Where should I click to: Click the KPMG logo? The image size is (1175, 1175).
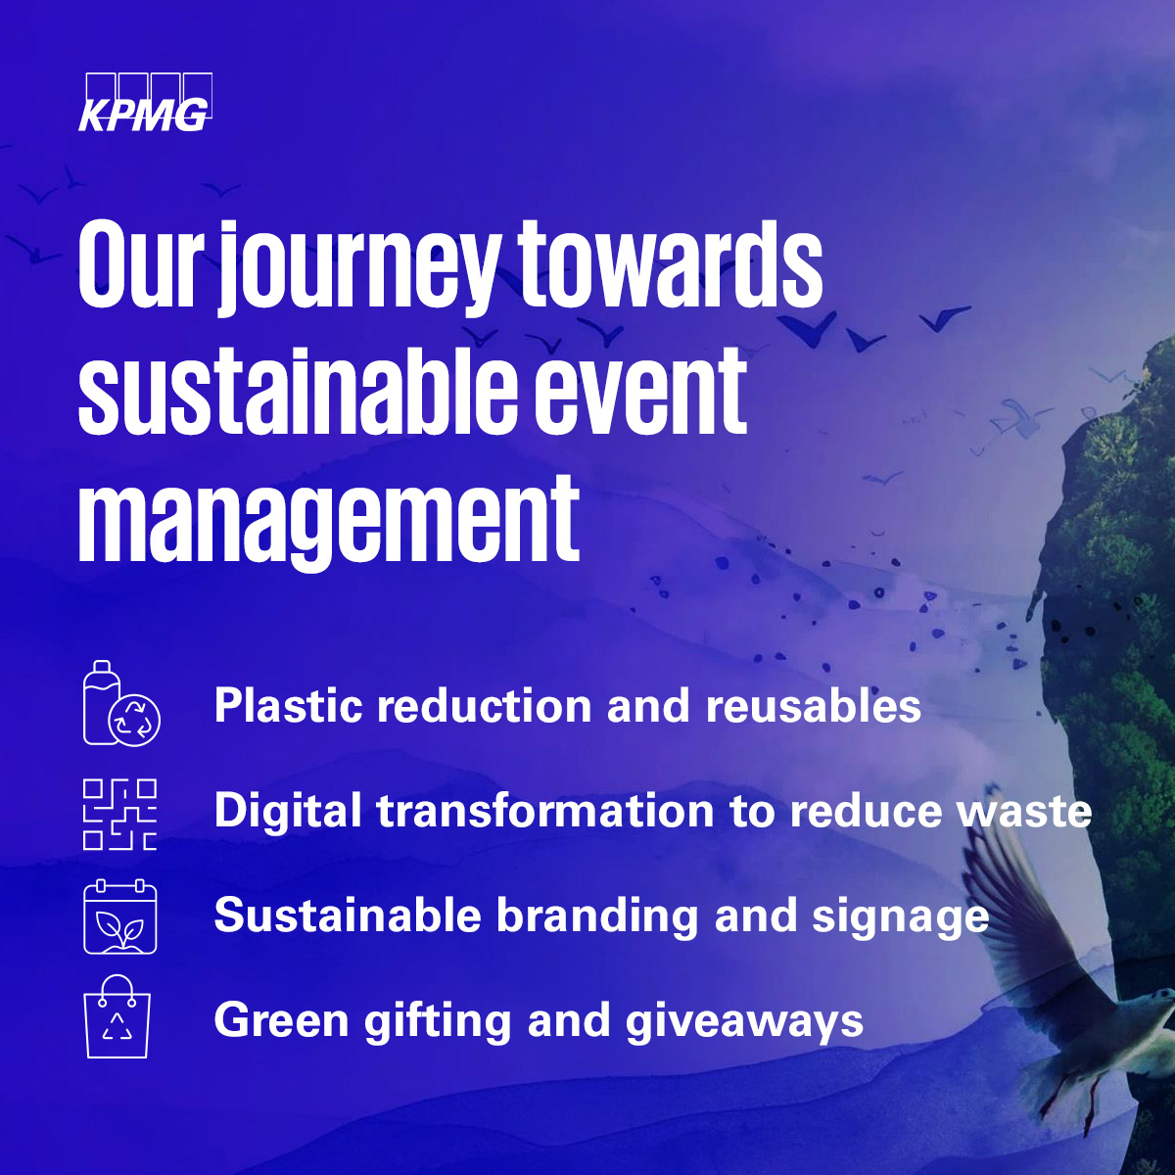tap(144, 103)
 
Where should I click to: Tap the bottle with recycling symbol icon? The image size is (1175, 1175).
tap(119, 704)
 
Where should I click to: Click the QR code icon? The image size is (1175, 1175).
tap(119, 814)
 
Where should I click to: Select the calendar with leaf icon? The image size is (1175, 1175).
tap(119, 917)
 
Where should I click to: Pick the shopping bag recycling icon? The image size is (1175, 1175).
tap(118, 1017)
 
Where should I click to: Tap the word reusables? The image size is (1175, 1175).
tap(813, 706)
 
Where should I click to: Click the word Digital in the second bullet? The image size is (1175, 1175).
tap(287, 812)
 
